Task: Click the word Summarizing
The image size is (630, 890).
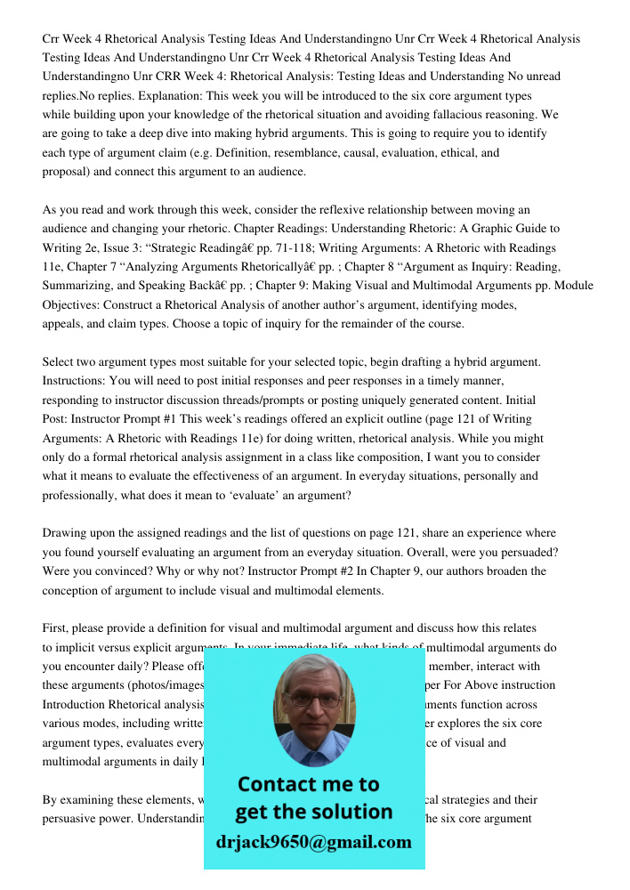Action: [79, 286]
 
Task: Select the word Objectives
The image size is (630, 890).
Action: [73, 304]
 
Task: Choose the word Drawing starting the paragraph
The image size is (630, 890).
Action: [64, 533]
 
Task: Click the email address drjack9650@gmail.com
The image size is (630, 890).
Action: [314, 842]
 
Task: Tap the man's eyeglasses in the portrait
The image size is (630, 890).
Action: [313, 701]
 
